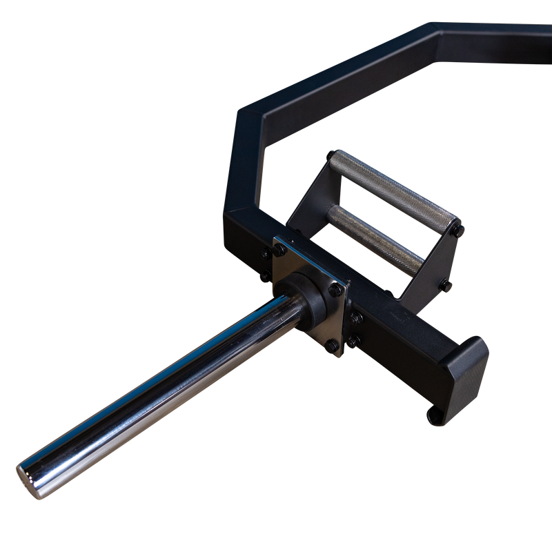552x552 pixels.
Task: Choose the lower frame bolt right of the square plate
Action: coord(355,341)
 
